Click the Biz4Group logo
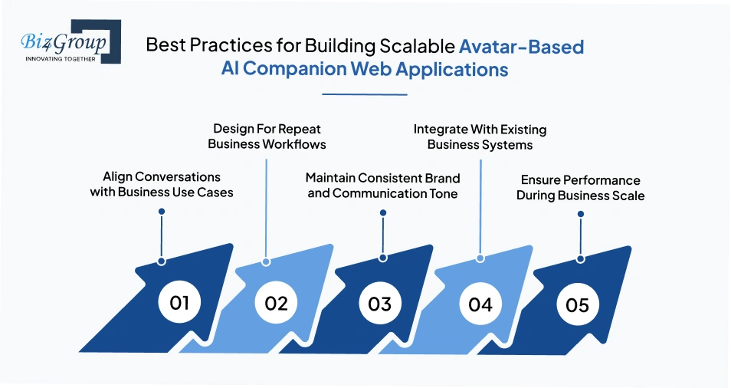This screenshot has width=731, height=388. (65, 41)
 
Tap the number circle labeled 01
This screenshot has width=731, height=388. (179, 302)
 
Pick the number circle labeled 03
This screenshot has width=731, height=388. (379, 303)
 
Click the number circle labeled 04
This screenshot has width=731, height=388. (480, 304)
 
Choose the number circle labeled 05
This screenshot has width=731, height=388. (577, 304)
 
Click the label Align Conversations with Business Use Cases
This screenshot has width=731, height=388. (162, 185)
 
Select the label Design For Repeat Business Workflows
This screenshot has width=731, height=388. (267, 136)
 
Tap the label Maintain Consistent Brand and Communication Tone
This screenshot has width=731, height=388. (382, 186)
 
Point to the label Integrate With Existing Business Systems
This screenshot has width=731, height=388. (480, 136)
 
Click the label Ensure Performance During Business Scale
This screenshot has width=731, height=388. (580, 188)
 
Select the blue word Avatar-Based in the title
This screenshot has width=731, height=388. (521, 46)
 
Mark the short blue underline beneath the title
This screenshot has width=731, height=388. (364, 94)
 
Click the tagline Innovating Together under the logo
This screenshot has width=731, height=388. (61, 58)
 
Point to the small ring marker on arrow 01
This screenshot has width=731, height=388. (161, 261)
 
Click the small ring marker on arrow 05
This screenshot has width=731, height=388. (580, 259)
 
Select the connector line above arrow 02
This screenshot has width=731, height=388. (266, 207)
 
